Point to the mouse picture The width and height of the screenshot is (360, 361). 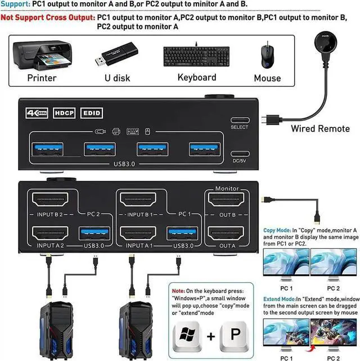[x=266, y=56]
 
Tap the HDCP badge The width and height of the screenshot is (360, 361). [x=64, y=113]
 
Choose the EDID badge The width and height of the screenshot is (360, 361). [x=92, y=113]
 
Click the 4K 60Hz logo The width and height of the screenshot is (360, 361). [x=36, y=113]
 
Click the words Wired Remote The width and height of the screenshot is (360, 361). [x=320, y=128]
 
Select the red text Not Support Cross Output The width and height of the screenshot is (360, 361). [x=47, y=17]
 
